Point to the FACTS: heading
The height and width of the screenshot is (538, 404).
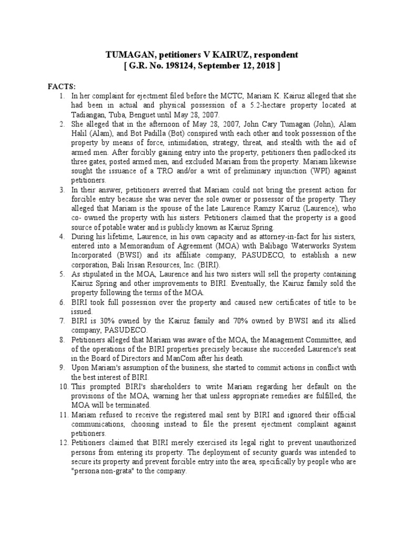[x=62, y=86]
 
